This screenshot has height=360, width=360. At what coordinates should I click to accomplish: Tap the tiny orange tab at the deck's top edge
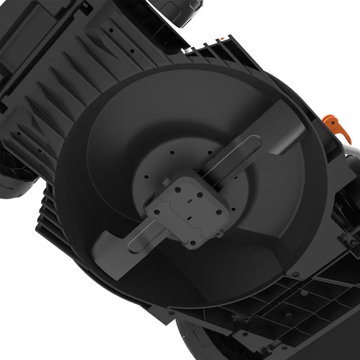[x=222, y=39]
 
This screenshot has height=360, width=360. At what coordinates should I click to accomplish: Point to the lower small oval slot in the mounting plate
[x=190, y=217]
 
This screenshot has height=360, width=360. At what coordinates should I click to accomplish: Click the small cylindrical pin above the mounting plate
[x=165, y=182]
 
